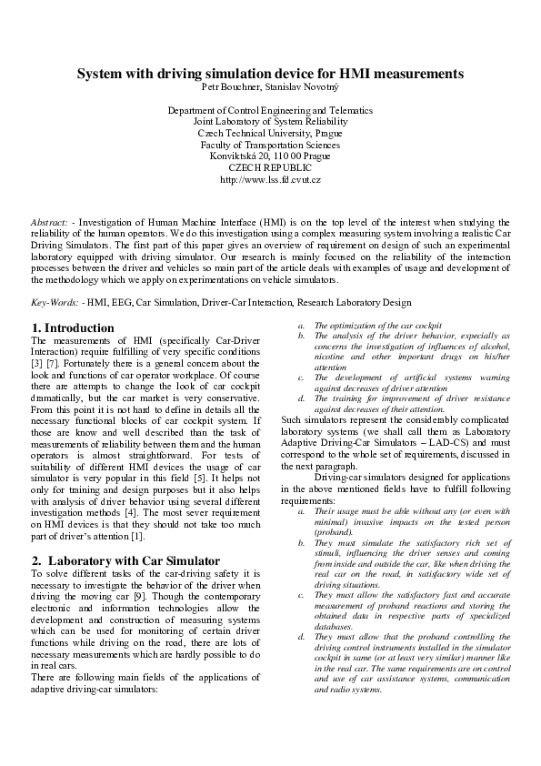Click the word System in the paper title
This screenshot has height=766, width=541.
pyautogui.click(x=101, y=73)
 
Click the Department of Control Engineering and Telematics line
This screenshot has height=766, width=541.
pyautogui.click(x=270, y=110)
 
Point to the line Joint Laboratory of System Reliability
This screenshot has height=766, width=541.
pyautogui.click(x=270, y=121)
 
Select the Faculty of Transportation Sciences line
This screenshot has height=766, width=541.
pyautogui.click(x=270, y=145)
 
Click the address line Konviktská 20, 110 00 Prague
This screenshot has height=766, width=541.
pyautogui.click(x=270, y=156)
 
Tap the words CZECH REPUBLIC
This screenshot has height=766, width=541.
pyautogui.click(x=270, y=167)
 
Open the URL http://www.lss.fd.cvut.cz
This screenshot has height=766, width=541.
pyautogui.click(x=270, y=179)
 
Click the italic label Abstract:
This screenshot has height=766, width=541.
pyautogui.click(x=49, y=222)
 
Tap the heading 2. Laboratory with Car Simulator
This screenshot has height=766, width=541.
pyautogui.click(x=115, y=561)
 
